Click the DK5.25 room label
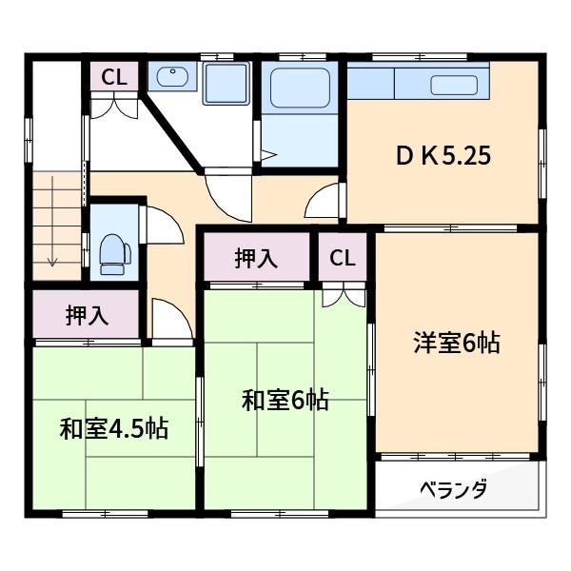443,156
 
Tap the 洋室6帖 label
456,343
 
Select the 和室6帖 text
285,401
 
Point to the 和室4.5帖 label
113,428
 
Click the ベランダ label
454,490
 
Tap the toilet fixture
112,252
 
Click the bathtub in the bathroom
299,88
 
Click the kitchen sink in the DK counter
454,85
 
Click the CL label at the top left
114,77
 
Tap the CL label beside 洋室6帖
343,257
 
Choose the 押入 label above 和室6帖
256,257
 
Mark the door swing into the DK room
326,202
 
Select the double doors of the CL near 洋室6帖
343,295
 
